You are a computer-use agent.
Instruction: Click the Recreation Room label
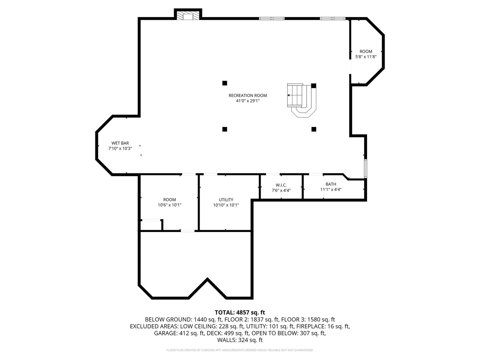point(248,96)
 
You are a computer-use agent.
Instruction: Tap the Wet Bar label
point(120,143)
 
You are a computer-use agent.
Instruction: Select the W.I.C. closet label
point(281,185)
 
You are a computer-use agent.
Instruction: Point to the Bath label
point(331,184)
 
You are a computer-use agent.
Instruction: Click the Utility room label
point(226,200)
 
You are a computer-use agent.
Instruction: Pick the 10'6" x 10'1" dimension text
point(169,205)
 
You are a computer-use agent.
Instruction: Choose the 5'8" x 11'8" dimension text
point(366,57)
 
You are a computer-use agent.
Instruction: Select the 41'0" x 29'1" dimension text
point(248,101)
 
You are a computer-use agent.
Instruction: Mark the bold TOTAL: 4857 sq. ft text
point(240,312)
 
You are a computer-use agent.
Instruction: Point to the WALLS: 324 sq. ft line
point(240,340)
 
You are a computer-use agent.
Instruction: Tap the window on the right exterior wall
point(365,168)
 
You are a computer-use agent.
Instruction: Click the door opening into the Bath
point(316,174)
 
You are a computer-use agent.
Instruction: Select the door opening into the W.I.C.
point(273,174)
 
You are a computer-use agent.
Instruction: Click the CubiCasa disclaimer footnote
point(240,350)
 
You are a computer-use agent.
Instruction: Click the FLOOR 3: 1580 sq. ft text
point(308,320)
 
